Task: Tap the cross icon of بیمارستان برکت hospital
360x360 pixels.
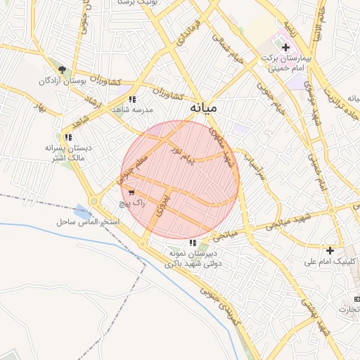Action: pyautogui.click(x=285, y=47)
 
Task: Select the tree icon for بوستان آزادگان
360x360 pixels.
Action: pyautogui.click(x=63, y=70)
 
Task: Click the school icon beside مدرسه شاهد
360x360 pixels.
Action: pyautogui.click(x=132, y=99)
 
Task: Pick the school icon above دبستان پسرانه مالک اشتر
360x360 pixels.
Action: pyautogui.click(x=68, y=137)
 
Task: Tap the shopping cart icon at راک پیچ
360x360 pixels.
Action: pyautogui.click(x=131, y=192)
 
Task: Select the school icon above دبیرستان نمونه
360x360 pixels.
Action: pyautogui.click(x=193, y=243)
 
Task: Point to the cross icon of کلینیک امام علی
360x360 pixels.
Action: pyautogui.click(x=330, y=250)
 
